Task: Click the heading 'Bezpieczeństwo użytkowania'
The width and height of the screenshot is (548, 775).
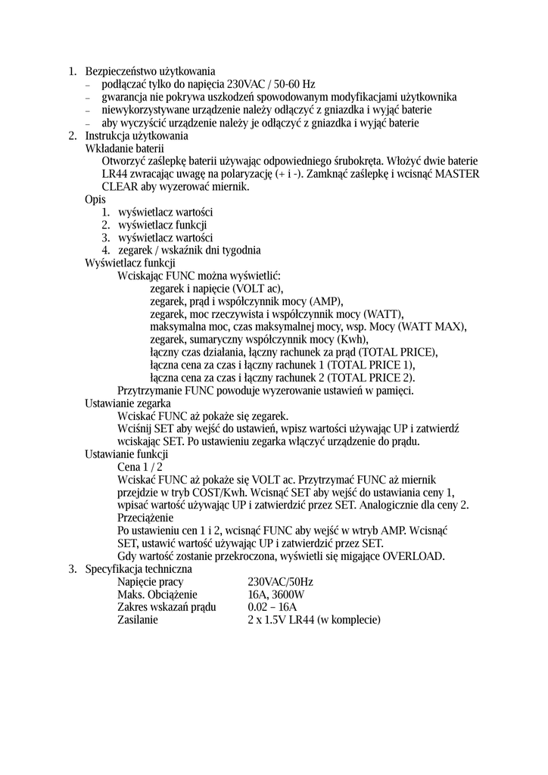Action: [150, 71]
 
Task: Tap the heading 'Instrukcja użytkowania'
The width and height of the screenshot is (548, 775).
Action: [136, 135]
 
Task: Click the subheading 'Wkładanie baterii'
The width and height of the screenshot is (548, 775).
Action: [124, 148]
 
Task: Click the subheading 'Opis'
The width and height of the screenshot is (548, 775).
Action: [95, 199]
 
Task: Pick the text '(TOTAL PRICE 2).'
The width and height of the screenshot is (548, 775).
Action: [376, 378]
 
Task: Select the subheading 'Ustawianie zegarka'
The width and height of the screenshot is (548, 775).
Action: [127, 403]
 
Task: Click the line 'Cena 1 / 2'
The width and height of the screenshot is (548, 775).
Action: [140, 467]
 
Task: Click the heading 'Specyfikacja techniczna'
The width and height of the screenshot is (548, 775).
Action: [139, 568]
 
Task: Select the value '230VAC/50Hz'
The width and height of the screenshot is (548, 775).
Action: [280, 582]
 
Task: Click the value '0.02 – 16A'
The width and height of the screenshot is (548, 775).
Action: [272, 607]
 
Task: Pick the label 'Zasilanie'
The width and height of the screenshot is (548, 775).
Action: [138, 620]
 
